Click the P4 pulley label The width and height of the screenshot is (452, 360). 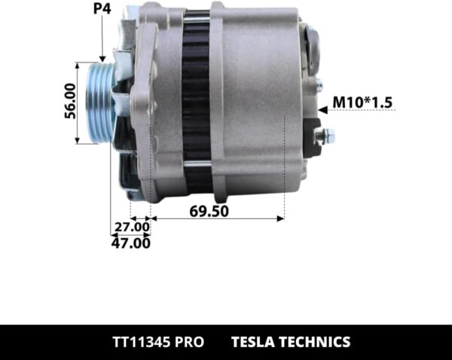(101, 10)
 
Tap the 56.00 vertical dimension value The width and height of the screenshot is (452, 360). (69, 102)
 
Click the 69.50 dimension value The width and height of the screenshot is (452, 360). (209, 211)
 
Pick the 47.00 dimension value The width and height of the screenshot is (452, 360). (130, 243)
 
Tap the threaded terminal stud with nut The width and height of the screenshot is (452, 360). (325, 136)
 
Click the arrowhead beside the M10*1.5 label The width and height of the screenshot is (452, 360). (322, 110)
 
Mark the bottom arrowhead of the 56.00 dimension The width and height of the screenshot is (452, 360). (78, 140)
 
